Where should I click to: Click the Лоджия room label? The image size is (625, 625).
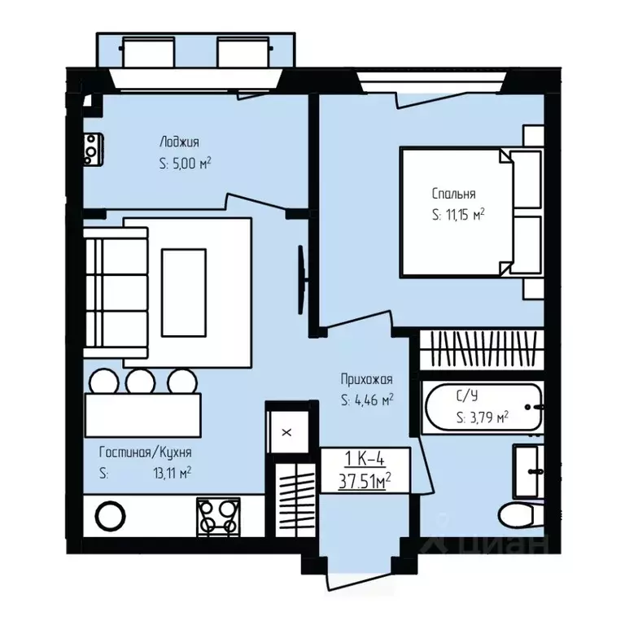pyautogui.click(x=179, y=142)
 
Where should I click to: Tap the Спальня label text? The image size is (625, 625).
pyautogui.click(x=453, y=194)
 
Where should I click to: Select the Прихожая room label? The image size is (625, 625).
pyautogui.click(x=366, y=379)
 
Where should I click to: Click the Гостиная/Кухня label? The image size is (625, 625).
pyautogui.click(x=145, y=452)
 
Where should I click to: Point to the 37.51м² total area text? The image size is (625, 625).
pyautogui.click(x=365, y=482)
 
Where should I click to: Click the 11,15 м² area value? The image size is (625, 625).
pyautogui.click(x=465, y=215)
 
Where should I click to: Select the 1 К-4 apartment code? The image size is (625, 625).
pyautogui.click(x=365, y=460)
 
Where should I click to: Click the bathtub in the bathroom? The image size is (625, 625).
pyautogui.click(x=483, y=407)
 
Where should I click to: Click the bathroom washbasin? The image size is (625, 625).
pyautogui.click(x=528, y=471)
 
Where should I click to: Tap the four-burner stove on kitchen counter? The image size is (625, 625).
pyautogui.click(x=218, y=516)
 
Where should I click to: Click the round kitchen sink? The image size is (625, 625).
pyautogui.click(x=111, y=516)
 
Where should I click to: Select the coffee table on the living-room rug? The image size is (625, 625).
pyautogui.click(x=184, y=293)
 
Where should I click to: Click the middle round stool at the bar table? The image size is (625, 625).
pyautogui.click(x=140, y=382)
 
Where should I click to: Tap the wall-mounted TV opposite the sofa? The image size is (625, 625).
pyautogui.click(x=302, y=280)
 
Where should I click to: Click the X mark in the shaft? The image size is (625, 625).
pyautogui.click(x=286, y=432)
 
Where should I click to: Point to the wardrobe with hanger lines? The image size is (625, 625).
pyautogui.click(x=483, y=348)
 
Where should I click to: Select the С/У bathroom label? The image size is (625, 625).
pyautogui.click(x=467, y=396)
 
